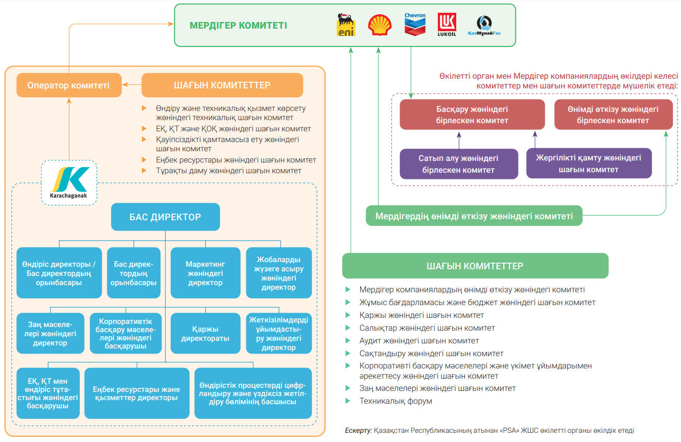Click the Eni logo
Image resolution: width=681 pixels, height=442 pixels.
pos(346,25)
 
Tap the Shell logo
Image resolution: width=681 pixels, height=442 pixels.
pos(380,25)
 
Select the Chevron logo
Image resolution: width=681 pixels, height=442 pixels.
pos(415,25)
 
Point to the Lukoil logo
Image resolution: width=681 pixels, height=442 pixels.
pos(447,25)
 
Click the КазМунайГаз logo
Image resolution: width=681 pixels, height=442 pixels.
pos(484,25)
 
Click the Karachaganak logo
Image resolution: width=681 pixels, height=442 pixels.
pos(69,183)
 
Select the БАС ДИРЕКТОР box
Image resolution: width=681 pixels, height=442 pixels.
pos(166,217)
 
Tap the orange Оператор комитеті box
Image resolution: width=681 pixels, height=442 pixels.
pos(69,85)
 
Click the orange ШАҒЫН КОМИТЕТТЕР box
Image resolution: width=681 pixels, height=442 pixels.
pos(222,85)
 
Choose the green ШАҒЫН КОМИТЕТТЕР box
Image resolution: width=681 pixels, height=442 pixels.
pos(475,266)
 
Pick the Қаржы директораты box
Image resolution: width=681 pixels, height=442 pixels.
pos(205,333)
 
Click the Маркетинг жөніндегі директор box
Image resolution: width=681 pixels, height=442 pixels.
pos(205,273)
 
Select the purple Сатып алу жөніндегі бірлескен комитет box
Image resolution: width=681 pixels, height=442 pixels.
pos(459,164)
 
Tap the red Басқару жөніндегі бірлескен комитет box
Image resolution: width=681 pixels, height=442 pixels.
pos(472,114)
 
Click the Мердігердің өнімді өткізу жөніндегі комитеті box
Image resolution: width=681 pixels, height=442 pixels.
pos(474,216)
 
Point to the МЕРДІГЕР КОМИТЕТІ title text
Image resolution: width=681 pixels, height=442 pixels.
pos(239,25)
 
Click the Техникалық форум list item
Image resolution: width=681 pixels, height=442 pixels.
pos(395,401)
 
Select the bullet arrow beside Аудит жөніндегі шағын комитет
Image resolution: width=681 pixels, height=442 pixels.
pos(348,340)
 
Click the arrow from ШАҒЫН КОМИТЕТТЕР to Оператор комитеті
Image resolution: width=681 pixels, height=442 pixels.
pos(132,84)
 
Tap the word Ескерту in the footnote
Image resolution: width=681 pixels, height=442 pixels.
pos(358,430)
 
